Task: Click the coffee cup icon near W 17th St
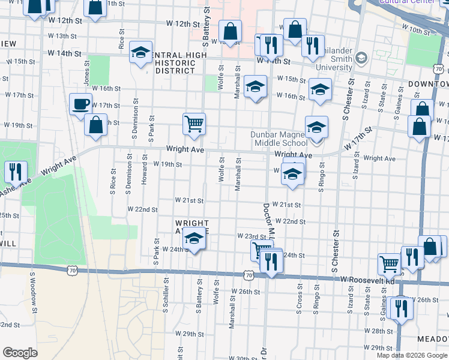click(x=80, y=104)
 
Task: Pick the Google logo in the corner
click(x=20, y=353)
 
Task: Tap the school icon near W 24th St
click(x=194, y=239)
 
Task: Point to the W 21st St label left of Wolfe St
click(x=189, y=200)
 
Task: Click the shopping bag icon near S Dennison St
click(x=95, y=126)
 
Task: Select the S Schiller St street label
click(x=166, y=298)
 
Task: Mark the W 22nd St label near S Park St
click(x=142, y=210)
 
